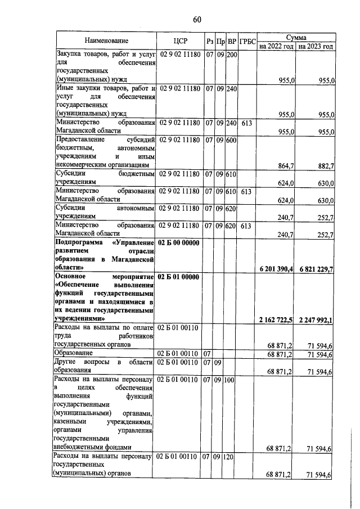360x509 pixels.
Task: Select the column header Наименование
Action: point(106,40)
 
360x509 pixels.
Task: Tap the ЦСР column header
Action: point(180,40)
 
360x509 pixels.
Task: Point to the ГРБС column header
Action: point(247,41)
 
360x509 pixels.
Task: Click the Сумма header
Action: point(296,36)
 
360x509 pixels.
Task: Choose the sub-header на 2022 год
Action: point(276,46)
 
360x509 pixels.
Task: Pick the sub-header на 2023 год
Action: point(316,46)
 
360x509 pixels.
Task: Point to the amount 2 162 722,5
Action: point(277,320)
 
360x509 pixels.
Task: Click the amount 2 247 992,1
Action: point(317,320)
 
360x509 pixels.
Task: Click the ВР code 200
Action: point(232,55)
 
